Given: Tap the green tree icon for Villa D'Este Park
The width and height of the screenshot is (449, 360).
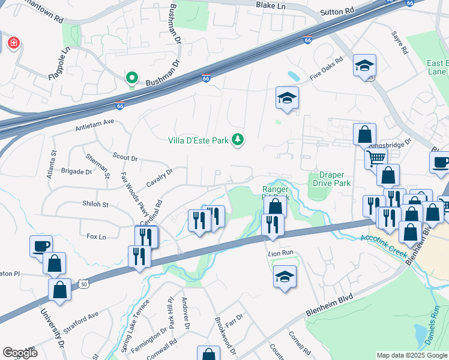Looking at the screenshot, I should (x=238, y=140).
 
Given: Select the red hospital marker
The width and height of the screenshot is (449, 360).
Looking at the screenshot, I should (x=13, y=43).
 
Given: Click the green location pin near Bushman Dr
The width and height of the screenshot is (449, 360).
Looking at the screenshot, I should (x=131, y=78).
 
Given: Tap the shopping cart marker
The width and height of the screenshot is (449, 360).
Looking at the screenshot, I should (x=376, y=159).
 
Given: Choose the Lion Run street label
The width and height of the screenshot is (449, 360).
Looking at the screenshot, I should (x=279, y=253).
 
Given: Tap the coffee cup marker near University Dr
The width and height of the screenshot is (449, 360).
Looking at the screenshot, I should (x=41, y=245).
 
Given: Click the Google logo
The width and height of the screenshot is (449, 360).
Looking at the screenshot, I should (x=20, y=352).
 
